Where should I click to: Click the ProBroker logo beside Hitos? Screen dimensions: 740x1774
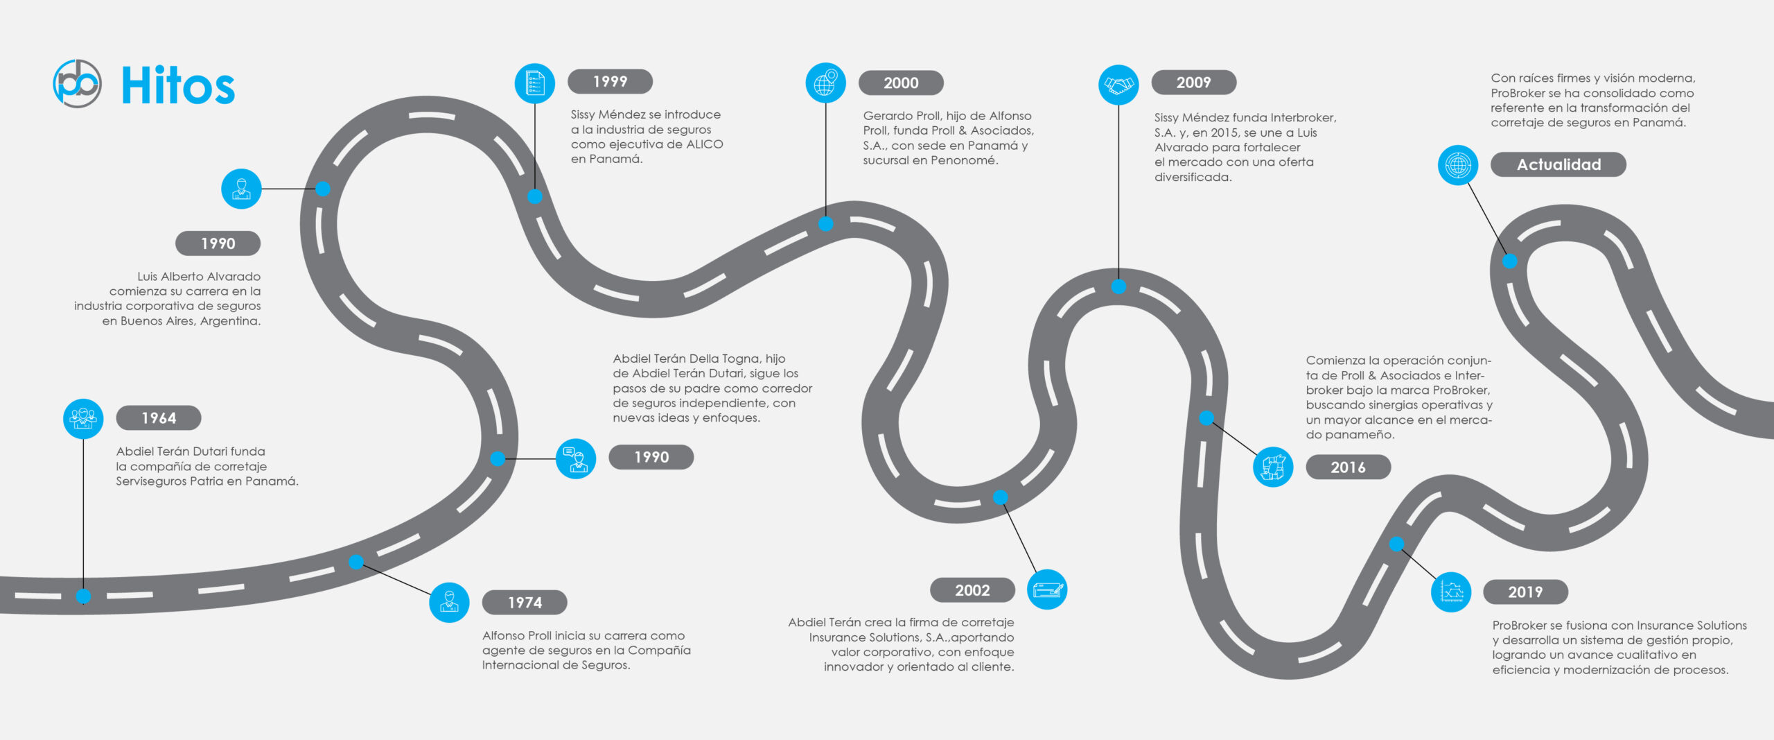77,84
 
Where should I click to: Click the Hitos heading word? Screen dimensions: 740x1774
178,86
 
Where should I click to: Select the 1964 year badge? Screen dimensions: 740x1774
159,418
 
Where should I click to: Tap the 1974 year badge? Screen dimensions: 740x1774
525,603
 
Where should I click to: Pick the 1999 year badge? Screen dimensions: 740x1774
610,82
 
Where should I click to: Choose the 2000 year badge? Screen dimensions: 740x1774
901,83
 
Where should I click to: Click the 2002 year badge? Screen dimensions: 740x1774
972,590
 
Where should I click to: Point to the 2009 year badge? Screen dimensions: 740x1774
1193,83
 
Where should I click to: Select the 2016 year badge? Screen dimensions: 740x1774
1348,467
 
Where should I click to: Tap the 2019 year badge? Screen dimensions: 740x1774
1525,592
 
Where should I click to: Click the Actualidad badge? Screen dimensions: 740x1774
1558,165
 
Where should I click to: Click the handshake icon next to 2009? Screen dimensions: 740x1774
1118,85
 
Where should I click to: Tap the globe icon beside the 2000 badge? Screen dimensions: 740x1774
825,83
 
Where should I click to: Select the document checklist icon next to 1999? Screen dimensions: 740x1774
535,83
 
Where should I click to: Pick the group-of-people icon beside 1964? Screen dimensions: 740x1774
83,418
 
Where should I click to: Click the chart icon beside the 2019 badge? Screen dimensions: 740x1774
1451,592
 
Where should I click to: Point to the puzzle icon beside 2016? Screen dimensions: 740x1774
1273,467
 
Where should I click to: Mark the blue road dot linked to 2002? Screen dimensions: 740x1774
1000,497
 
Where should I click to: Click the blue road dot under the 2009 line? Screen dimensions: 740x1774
1118,286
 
